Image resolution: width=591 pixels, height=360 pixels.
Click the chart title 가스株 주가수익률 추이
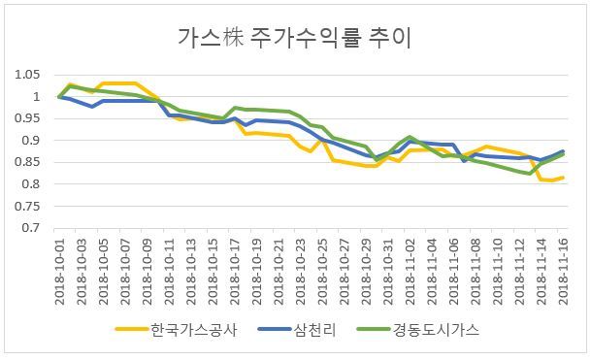coord(294,38)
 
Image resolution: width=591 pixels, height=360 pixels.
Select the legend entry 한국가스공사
coord(194,330)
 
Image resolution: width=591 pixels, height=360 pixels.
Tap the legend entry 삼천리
coord(314,330)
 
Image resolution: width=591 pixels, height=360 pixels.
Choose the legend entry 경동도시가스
coord(436,330)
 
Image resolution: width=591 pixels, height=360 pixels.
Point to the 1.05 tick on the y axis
coord(27,75)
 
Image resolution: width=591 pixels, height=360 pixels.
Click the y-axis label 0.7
coord(30,228)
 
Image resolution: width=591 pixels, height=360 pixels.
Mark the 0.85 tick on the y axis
coord(27,162)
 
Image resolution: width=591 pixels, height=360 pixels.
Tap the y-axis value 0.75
coord(27,206)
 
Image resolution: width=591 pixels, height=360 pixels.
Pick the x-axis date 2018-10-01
coord(60,272)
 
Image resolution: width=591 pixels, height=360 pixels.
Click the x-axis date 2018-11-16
coord(563,272)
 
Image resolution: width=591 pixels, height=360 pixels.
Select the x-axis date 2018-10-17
coord(235,272)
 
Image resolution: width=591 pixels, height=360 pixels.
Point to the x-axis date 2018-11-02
coord(410,272)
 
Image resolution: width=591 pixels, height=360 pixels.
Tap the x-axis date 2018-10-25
coord(322,272)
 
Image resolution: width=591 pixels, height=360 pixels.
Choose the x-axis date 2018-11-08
coord(476,272)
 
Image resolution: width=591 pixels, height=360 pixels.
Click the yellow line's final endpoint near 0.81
coord(563,178)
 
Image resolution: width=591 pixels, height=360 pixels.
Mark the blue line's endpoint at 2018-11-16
coord(563,151)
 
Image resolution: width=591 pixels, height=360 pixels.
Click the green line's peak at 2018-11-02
coord(410,137)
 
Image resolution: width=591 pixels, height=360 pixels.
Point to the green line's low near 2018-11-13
coord(530,174)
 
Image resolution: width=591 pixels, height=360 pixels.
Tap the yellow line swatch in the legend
coord(132,329)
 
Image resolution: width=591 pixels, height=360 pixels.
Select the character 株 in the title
coord(233,38)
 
